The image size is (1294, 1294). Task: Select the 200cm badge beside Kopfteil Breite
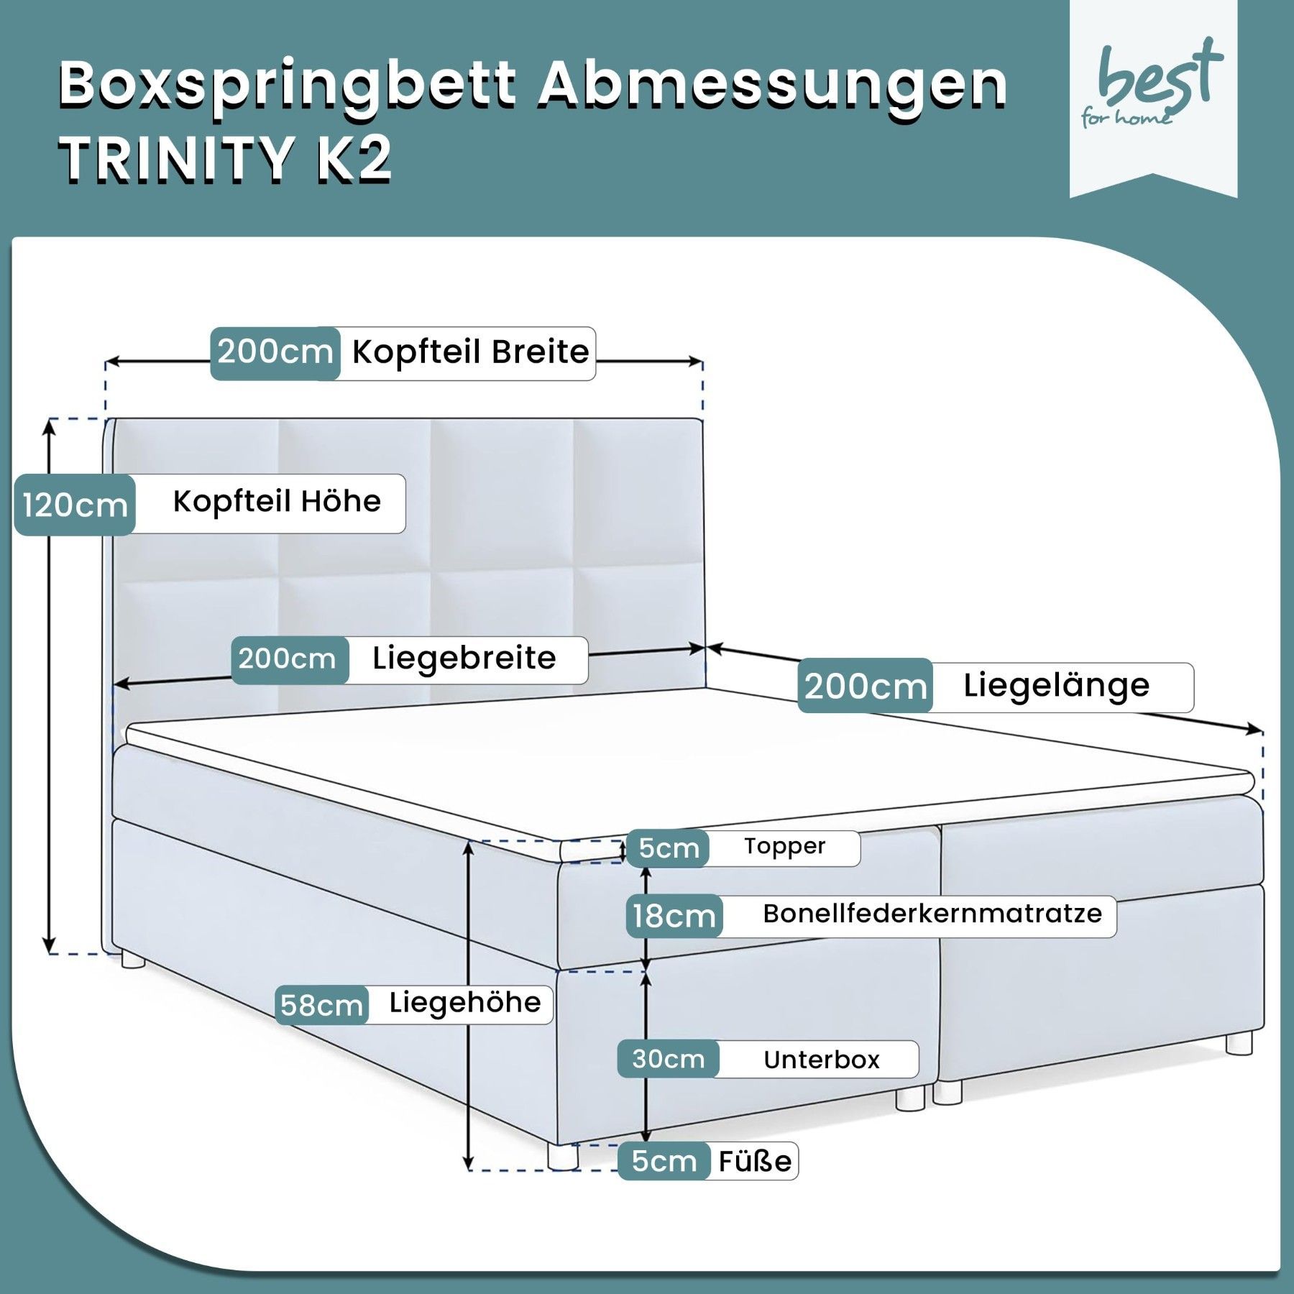coord(275,353)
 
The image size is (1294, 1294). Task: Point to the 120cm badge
coord(75,505)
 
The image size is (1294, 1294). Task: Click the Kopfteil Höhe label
coord(277,502)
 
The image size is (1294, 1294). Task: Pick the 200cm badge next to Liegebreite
coord(288,659)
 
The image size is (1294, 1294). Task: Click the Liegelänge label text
coord(1056,686)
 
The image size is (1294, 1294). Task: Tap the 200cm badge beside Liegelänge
coord(865,687)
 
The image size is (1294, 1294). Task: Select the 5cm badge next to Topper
coord(668,848)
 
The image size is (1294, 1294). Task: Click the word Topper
coord(784,847)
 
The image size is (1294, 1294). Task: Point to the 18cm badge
coord(674,917)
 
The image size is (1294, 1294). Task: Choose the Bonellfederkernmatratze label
coord(932,914)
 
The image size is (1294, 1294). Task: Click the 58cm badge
coord(321,1005)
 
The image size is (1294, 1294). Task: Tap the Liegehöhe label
coord(464,1003)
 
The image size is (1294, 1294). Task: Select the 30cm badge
coord(668,1059)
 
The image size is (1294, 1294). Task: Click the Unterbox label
coord(821,1060)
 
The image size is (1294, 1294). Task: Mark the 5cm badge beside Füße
coord(664,1161)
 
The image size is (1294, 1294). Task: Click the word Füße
coord(755,1161)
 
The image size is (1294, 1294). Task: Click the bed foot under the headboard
coord(133,960)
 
